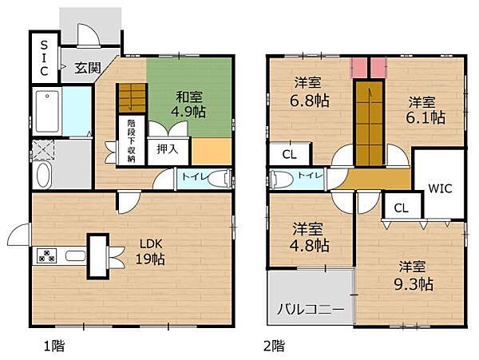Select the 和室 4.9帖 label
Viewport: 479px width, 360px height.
click(x=189, y=102)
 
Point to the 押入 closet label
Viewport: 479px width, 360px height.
click(x=167, y=148)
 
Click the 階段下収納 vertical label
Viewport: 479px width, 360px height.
click(x=130, y=142)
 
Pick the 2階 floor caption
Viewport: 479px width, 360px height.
click(x=274, y=346)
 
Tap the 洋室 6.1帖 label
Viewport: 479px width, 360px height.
click(x=422, y=109)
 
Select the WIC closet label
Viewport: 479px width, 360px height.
click(x=440, y=189)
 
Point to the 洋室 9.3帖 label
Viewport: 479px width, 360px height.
click(x=414, y=275)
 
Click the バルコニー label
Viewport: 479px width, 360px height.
click(x=311, y=309)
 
